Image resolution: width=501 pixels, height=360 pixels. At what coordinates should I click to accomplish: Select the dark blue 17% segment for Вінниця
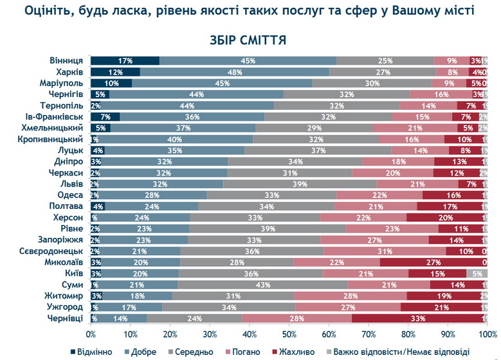pyautogui.click(x=125, y=60)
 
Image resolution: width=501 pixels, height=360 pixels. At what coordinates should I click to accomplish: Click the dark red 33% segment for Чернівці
pyautogui.click(x=419, y=318)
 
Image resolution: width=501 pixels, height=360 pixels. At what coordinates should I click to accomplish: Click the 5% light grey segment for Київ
pyautogui.click(x=477, y=273)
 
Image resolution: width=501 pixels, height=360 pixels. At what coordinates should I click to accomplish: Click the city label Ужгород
pyautogui.click(x=67, y=307)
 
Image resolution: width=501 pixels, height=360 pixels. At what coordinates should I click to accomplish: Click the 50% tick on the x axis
pyautogui.click(x=289, y=334)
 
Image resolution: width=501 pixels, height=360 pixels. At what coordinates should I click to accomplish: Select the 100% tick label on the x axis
pyautogui.click(x=487, y=334)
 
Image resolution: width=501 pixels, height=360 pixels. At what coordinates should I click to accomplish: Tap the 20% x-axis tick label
pyautogui.click(x=170, y=334)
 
